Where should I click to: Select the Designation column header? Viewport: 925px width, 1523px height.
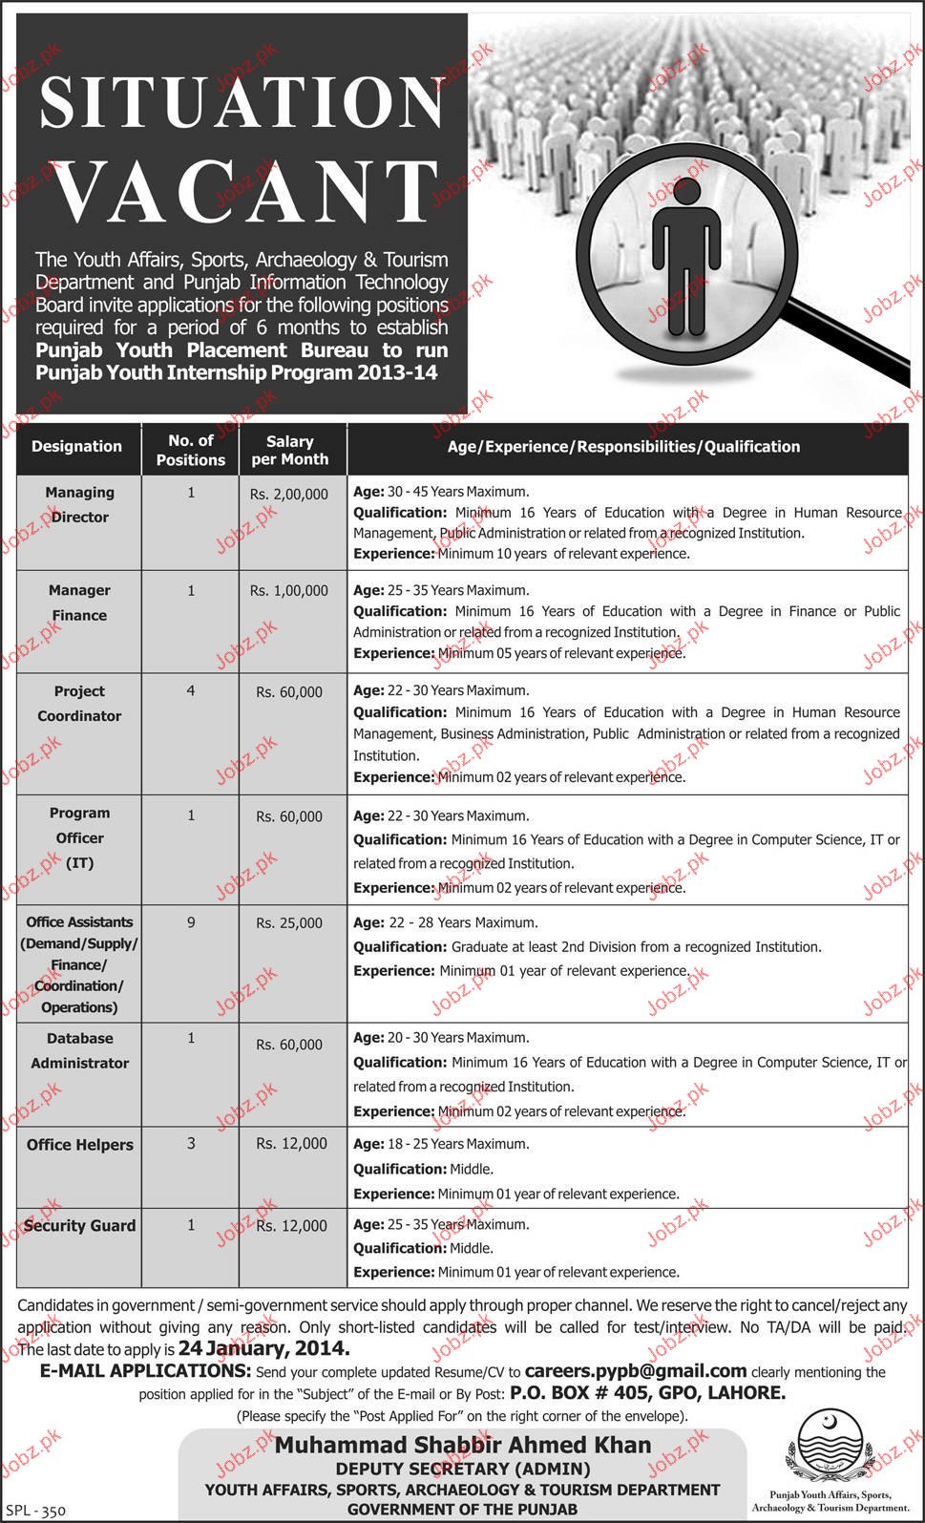click(x=76, y=446)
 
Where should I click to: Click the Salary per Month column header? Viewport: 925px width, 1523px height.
click(x=289, y=450)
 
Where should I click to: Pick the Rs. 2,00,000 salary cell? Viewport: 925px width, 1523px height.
click(x=289, y=494)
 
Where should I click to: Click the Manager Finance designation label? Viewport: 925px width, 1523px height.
click(x=79, y=603)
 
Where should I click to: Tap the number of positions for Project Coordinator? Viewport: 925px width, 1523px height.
click(x=191, y=689)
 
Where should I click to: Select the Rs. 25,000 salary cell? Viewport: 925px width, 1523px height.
click(x=289, y=923)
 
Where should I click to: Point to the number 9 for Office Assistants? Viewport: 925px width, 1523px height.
click(x=191, y=922)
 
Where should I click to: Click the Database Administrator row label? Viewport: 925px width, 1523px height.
click(x=79, y=1050)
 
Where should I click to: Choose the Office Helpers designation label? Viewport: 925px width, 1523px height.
click(x=79, y=1144)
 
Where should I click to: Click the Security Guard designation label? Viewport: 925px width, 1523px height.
click(x=79, y=1225)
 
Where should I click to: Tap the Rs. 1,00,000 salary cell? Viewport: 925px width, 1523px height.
click(x=289, y=591)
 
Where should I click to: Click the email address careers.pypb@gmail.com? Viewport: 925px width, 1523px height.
click(x=636, y=1370)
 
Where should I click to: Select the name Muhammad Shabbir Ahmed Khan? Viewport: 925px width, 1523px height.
click(x=463, y=1445)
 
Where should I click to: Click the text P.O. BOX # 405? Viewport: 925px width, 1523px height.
click(x=572, y=1392)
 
